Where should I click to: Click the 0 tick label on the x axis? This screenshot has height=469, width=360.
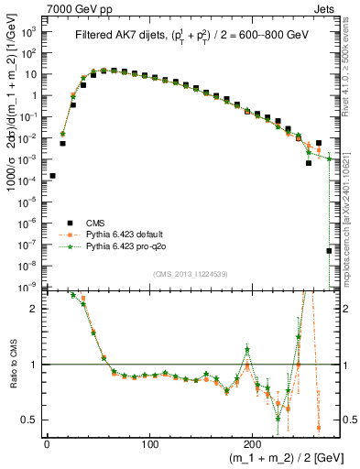tap(46, 445)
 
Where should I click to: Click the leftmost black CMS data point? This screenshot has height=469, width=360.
tap(52, 175)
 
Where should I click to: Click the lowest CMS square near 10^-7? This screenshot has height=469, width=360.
tap(329, 250)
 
